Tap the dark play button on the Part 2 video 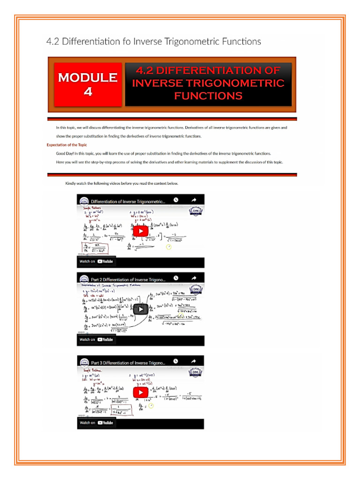[x=140, y=309]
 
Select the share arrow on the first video [x=194, y=200]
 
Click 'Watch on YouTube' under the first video [x=96, y=261]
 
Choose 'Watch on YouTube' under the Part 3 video [x=96, y=422]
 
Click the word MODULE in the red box [x=88, y=77]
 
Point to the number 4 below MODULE [x=88, y=91]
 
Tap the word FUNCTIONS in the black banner [x=208, y=96]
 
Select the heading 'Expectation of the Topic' [x=67, y=145]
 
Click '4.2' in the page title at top [x=53, y=41]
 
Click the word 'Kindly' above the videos [x=70, y=183]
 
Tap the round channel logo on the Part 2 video [x=85, y=280]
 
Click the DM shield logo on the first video [x=196, y=211]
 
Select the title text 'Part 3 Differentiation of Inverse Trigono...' [x=128, y=362]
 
